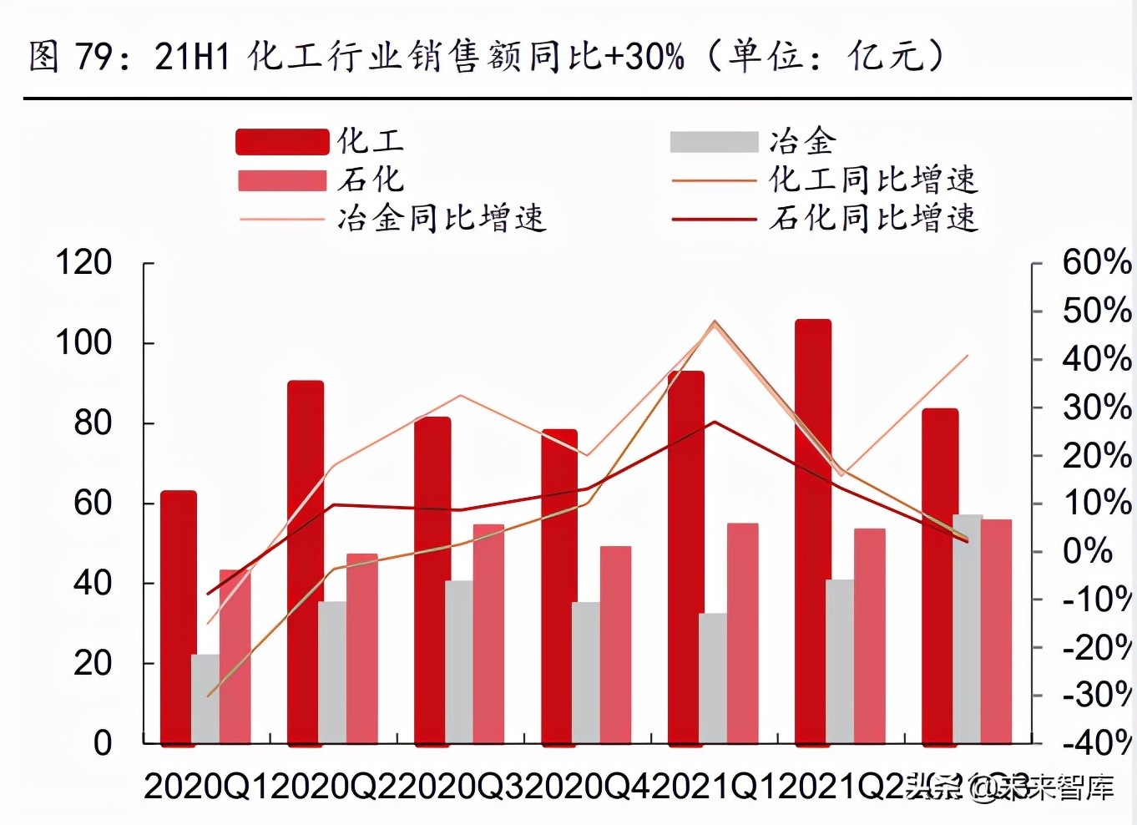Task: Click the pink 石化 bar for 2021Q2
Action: tap(869, 635)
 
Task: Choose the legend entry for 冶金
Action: tap(752, 141)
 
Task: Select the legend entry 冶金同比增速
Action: tap(392, 219)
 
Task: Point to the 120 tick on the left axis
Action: tap(83, 263)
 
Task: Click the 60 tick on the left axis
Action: tap(93, 503)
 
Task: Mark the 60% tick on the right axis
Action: tap(1095, 263)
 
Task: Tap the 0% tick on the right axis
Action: tap(1087, 551)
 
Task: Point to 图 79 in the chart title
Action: tap(70, 57)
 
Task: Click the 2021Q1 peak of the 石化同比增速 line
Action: tap(715, 421)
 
